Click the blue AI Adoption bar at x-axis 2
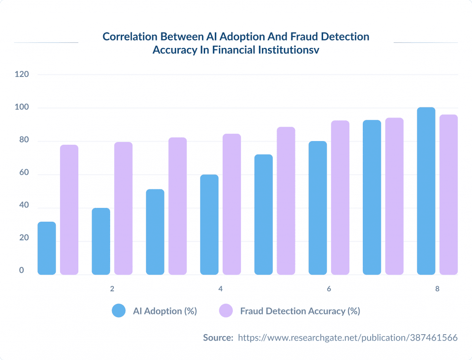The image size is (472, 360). (x=101, y=241)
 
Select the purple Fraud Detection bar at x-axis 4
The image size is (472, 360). (x=231, y=204)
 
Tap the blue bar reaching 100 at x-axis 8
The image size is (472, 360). (x=426, y=191)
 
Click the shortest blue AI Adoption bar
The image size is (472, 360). (x=47, y=248)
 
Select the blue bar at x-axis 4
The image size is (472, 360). (x=209, y=224)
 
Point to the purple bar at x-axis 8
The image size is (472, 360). (x=448, y=195)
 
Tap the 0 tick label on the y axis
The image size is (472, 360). (x=21, y=271)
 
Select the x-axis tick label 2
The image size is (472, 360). (x=112, y=289)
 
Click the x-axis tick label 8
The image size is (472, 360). (x=437, y=289)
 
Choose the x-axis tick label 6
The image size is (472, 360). (x=329, y=289)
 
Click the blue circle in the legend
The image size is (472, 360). (x=119, y=311)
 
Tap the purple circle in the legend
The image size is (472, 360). (x=226, y=311)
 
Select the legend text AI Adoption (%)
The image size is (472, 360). (x=165, y=311)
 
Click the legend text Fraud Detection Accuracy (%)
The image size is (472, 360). (x=300, y=311)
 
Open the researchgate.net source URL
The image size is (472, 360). (x=348, y=338)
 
